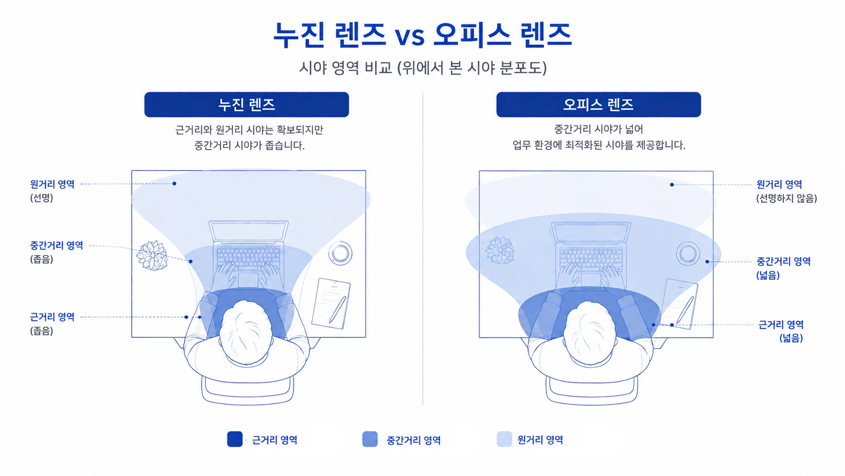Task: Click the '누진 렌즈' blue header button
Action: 246,105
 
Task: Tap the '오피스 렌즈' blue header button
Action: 598,105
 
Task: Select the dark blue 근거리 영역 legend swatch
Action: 234,439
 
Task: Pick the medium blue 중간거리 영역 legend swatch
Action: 370,439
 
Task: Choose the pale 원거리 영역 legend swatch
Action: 504,439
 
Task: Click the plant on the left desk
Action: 152,255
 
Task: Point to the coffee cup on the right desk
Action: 688,253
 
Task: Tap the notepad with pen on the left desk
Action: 331,303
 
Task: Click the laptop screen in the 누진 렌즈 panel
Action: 249,231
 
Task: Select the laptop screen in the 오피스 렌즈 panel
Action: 591,232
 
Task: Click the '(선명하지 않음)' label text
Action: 786,198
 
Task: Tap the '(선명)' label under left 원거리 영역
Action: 41,197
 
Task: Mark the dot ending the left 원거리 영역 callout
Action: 174,184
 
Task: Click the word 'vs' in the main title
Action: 410,36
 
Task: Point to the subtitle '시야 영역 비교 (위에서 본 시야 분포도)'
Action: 423,68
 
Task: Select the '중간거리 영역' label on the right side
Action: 783,261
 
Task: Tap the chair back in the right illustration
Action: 592,391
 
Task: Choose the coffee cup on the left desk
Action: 340,253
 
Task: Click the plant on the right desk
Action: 499,250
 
